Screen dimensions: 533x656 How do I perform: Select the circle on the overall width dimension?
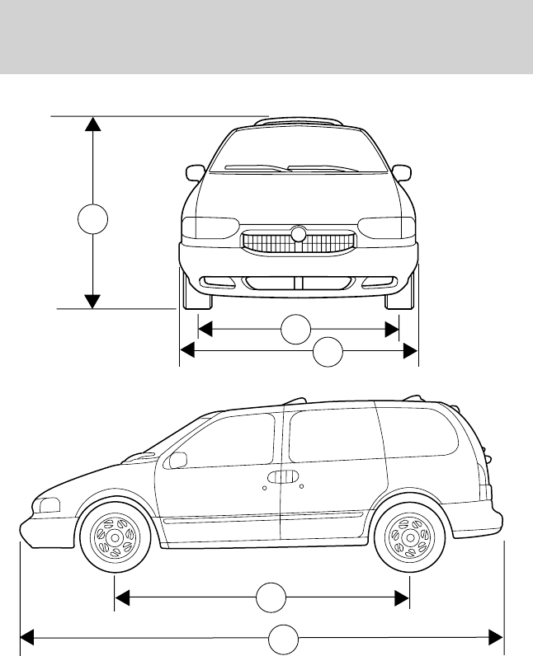coord(328,352)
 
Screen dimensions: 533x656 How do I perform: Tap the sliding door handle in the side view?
coord(284,476)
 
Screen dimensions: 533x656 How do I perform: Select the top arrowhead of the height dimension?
coord(92,124)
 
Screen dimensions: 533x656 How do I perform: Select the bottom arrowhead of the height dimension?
coord(92,301)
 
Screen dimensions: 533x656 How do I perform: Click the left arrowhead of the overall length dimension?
coord(27,637)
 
